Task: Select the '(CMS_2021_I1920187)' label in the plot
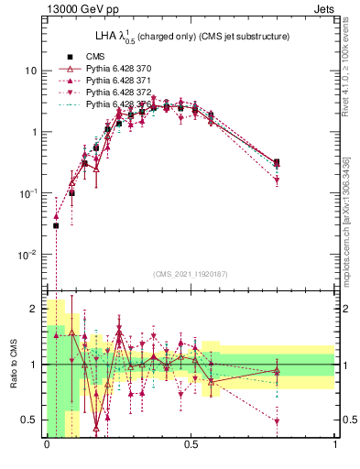191,274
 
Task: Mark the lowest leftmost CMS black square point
56,225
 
